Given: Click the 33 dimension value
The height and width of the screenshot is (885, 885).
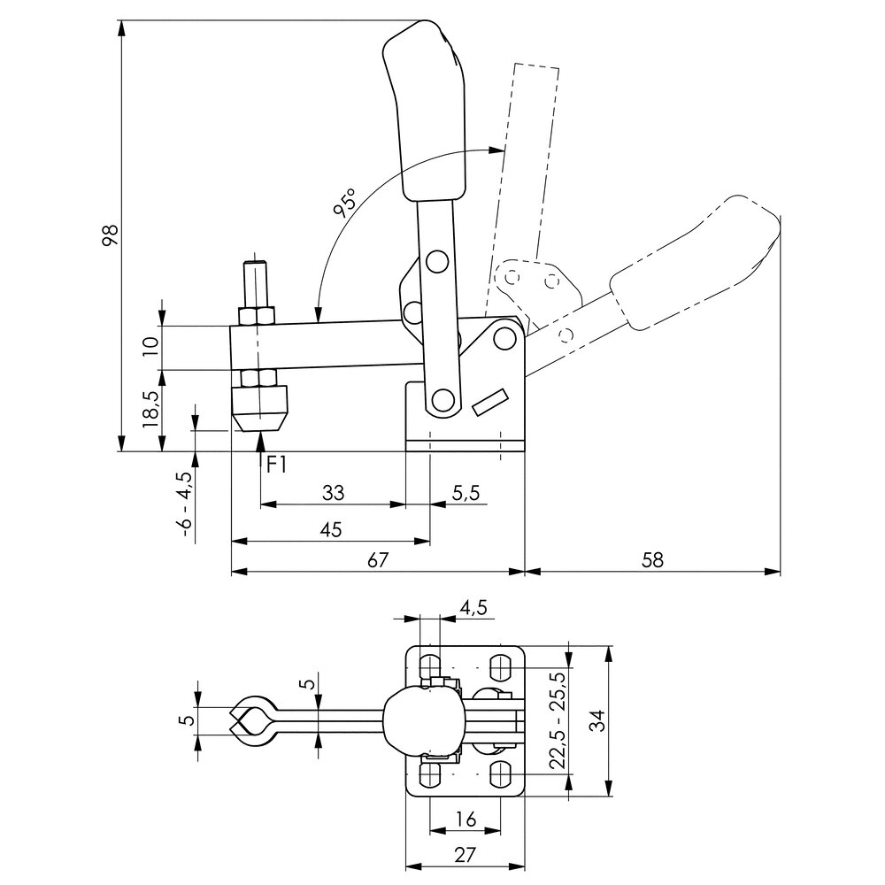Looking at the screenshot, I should pos(333,492).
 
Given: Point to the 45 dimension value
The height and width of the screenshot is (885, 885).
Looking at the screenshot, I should pos(330,529).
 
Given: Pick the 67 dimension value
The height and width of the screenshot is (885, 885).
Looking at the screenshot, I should pos(378,559).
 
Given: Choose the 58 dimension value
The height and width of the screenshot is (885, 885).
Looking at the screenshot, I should pos(653,559).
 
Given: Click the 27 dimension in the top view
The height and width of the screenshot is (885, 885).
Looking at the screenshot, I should pos(465,855).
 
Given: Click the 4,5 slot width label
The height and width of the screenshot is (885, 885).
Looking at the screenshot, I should pos(473,607).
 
